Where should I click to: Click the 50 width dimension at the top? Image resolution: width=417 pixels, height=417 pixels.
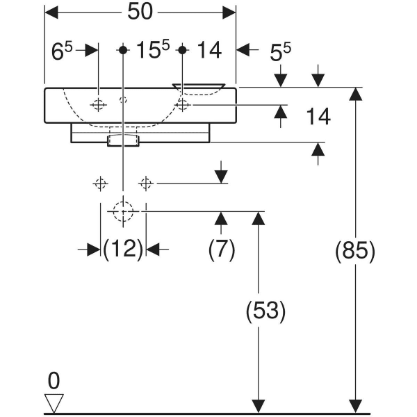tap(140, 12)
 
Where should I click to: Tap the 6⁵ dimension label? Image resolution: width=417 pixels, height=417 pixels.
tap(62, 51)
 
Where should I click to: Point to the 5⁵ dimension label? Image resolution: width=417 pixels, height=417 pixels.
tap(280, 51)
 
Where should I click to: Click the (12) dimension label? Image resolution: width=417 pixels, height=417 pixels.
tap(123, 250)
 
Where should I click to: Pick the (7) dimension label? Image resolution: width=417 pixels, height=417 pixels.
tap(222, 250)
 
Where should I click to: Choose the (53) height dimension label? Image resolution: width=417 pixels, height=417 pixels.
tap(265, 311)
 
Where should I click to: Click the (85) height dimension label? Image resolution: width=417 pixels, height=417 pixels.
tap(355, 251)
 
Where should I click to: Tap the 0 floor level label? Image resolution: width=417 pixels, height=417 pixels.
tap(54, 381)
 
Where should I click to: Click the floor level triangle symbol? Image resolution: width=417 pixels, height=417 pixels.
tap(54, 403)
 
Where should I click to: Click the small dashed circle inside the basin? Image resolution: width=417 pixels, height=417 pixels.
tap(123, 100)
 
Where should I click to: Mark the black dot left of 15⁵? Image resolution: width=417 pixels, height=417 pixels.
tap(123, 50)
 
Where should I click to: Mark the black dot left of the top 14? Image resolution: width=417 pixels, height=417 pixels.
tap(182, 50)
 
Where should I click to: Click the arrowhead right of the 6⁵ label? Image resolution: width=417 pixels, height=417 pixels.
tap(92, 50)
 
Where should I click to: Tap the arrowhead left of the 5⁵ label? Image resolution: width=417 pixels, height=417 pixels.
tap(243, 49)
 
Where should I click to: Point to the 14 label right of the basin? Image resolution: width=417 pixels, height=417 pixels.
tap(318, 117)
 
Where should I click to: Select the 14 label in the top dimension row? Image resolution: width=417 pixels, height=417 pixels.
tap(209, 50)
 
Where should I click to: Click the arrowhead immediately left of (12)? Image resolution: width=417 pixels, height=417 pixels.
tap(94, 250)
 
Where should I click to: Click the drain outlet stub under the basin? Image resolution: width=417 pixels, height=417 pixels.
tap(124, 140)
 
